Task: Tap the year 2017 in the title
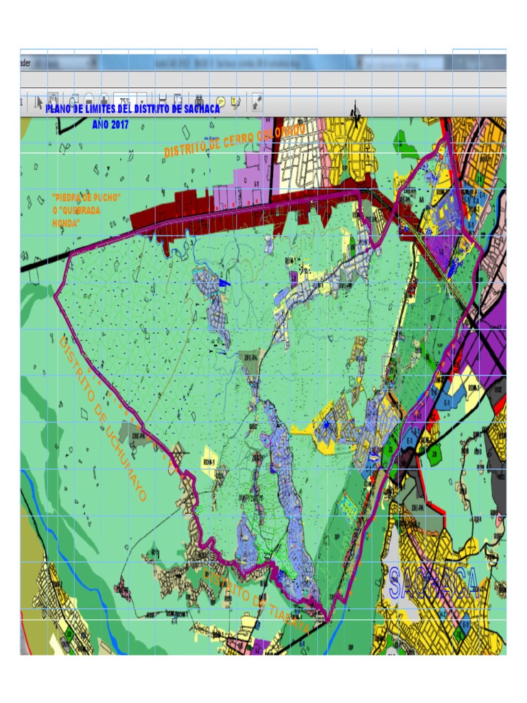point(118,125)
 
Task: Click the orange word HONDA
point(67,224)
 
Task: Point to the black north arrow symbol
point(355,110)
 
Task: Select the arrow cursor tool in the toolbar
point(38,102)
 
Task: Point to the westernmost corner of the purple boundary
point(55,295)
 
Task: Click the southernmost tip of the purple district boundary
point(328,622)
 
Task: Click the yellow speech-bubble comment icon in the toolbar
point(220,102)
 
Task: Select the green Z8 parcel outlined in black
point(433,454)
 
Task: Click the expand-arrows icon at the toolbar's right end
point(257,102)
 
